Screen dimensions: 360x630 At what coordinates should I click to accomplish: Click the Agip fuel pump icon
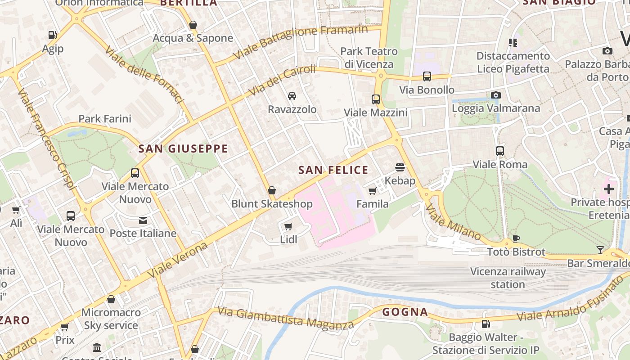pyautogui.click(x=53, y=35)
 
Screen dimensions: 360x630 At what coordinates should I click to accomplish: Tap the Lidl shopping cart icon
pyautogui.click(x=288, y=226)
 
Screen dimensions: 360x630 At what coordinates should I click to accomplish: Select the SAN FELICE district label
pyautogui.click(x=333, y=170)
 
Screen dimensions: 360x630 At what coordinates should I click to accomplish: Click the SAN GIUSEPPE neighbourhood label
pyautogui.click(x=183, y=148)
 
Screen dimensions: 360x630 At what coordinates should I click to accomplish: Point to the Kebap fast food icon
pyautogui.click(x=400, y=167)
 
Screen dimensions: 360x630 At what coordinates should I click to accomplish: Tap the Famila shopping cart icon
pyautogui.click(x=373, y=191)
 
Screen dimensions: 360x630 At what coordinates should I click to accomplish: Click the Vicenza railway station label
pyautogui.click(x=508, y=278)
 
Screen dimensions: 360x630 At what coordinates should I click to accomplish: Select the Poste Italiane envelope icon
pyautogui.click(x=143, y=220)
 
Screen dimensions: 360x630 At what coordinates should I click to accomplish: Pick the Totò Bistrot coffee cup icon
pyautogui.click(x=516, y=238)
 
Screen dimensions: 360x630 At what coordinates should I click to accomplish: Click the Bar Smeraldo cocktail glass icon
pyautogui.click(x=600, y=250)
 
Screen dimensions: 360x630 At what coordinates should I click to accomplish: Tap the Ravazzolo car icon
pyautogui.click(x=292, y=96)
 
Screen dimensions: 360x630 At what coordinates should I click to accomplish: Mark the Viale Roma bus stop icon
pyautogui.click(x=500, y=151)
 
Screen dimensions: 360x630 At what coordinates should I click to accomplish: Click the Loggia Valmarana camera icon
pyautogui.click(x=496, y=95)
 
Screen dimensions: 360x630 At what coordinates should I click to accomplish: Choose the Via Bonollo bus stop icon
pyautogui.click(x=427, y=76)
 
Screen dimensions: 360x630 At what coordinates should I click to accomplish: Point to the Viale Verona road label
pyautogui.click(x=178, y=260)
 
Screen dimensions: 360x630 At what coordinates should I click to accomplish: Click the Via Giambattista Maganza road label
pyautogui.click(x=286, y=318)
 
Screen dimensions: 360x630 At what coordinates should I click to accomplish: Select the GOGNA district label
pyautogui.click(x=405, y=312)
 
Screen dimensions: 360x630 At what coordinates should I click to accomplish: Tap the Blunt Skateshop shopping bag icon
pyautogui.click(x=272, y=191)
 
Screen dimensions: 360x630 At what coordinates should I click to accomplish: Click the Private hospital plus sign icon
pyautogui.click(x=609, y=189)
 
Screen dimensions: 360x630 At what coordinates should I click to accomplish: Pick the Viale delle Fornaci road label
pyautogui.click(x=144, y=74)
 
